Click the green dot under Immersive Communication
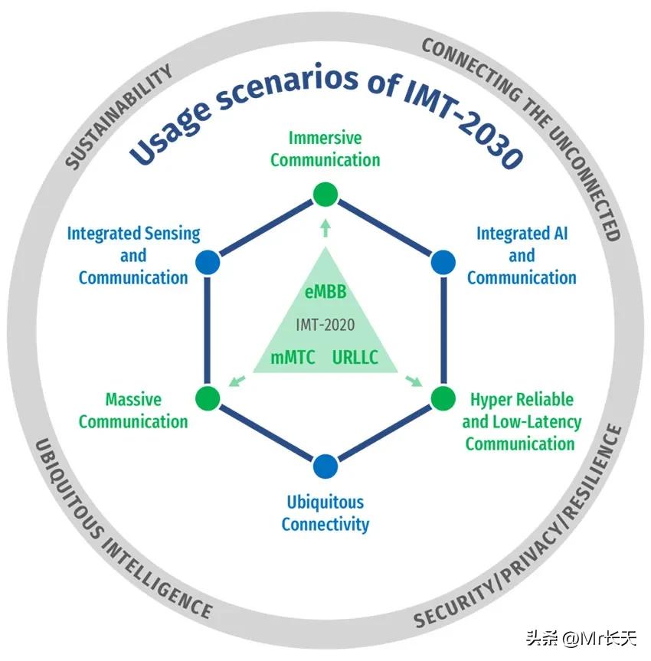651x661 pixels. (325, 195)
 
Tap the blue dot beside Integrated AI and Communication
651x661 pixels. (443, 263)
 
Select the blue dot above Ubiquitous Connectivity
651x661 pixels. (325, 466)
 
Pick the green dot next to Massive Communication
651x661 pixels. (208, 398)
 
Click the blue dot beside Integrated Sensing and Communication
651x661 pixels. (208, 263)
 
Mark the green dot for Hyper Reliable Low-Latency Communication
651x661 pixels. (443, 398)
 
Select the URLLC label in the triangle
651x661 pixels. (355, 357)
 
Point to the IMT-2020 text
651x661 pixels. (325, 325)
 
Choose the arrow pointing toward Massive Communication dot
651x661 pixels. (237, 380)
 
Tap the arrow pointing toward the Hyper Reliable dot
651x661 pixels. (414, 380)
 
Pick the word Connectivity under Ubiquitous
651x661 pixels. (325, 525)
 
